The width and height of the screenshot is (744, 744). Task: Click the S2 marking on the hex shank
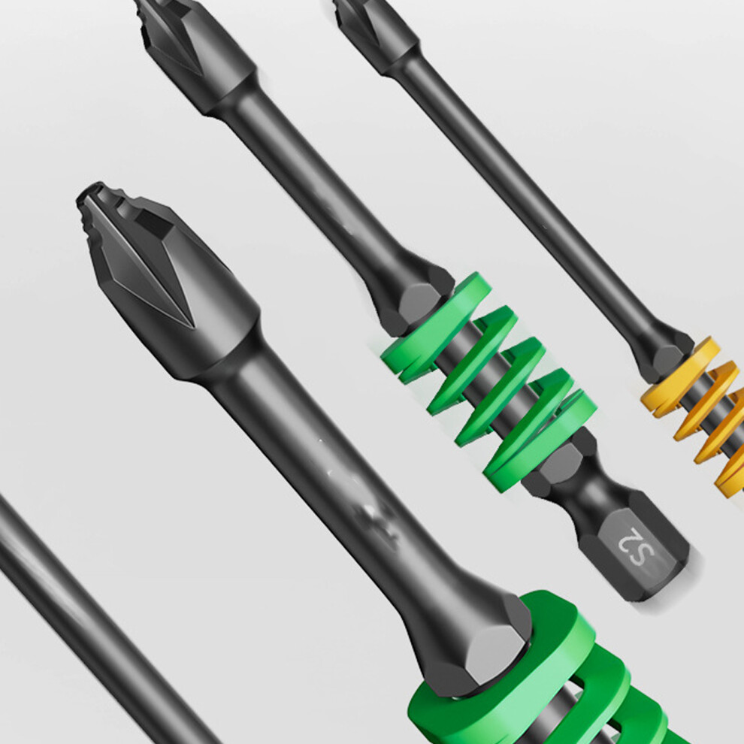(x=637, y=546)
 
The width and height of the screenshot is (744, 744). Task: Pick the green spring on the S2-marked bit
(x=488, y=380)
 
